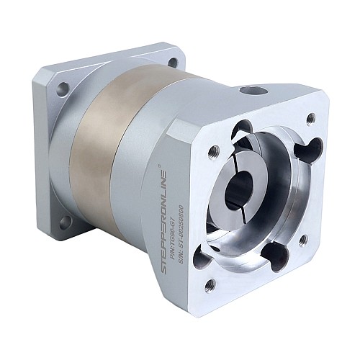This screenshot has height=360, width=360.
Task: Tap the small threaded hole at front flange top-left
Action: (213, 152)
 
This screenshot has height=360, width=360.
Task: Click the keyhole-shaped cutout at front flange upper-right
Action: (297, 150)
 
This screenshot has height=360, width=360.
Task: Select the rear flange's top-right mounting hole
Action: (172, 63)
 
